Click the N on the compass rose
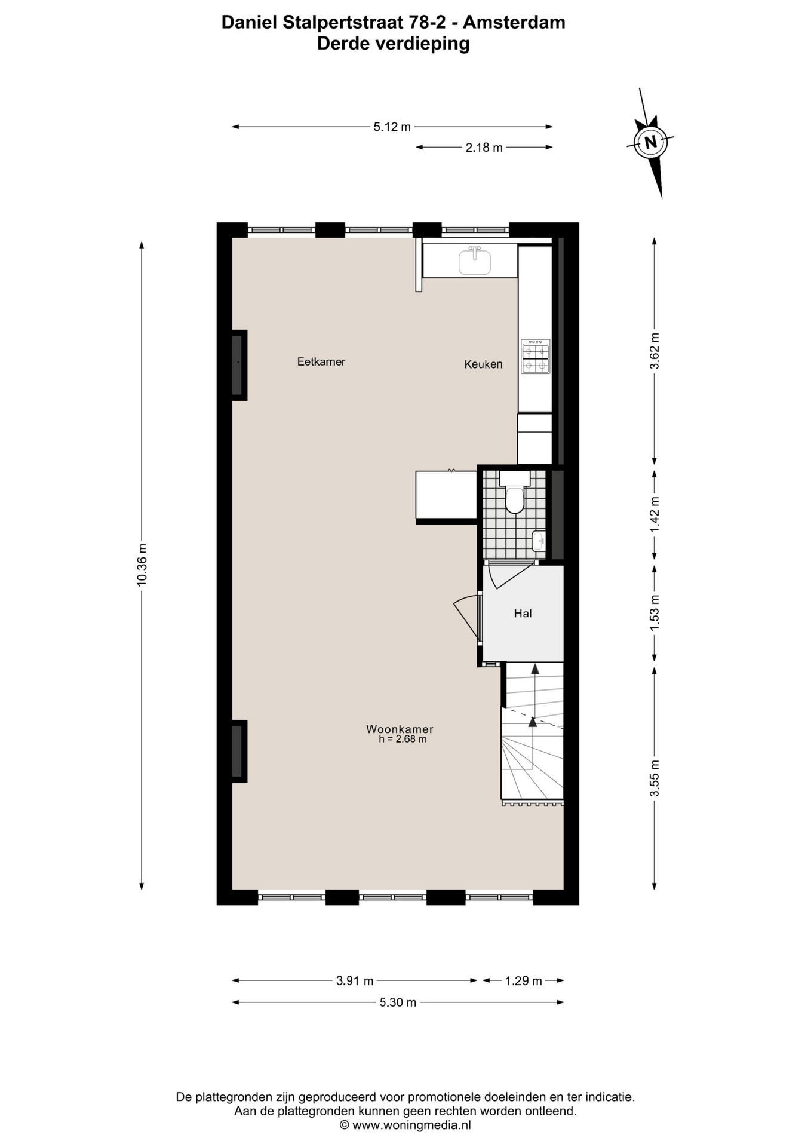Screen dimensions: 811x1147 coord(651,142)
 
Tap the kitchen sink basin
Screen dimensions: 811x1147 coord(475,262)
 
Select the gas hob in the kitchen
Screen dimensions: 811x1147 coord(535,357)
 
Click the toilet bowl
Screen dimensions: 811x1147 coord(515,499)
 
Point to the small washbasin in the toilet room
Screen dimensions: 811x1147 coord(539,541)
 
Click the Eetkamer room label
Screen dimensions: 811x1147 coord(321,361)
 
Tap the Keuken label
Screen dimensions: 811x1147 coord(484,364)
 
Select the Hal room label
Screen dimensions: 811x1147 coord(523,613)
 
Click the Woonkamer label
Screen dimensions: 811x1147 coord(400,729)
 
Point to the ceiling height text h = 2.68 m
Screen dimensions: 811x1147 coord(403,739)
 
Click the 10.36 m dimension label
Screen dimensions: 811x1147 coord(142,565)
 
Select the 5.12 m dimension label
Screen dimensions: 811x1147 coord(392,127)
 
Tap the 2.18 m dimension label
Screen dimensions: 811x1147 coord(484,147)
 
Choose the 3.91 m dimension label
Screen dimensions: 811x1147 coord(355,980)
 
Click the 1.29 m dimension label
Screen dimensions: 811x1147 coord(524,980)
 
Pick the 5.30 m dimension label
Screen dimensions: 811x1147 coord(398,1002)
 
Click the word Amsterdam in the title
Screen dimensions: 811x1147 coord(514,22)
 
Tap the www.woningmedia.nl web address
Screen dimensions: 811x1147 coord(411,1125)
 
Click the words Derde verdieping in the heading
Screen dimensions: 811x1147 coord(393,44)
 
